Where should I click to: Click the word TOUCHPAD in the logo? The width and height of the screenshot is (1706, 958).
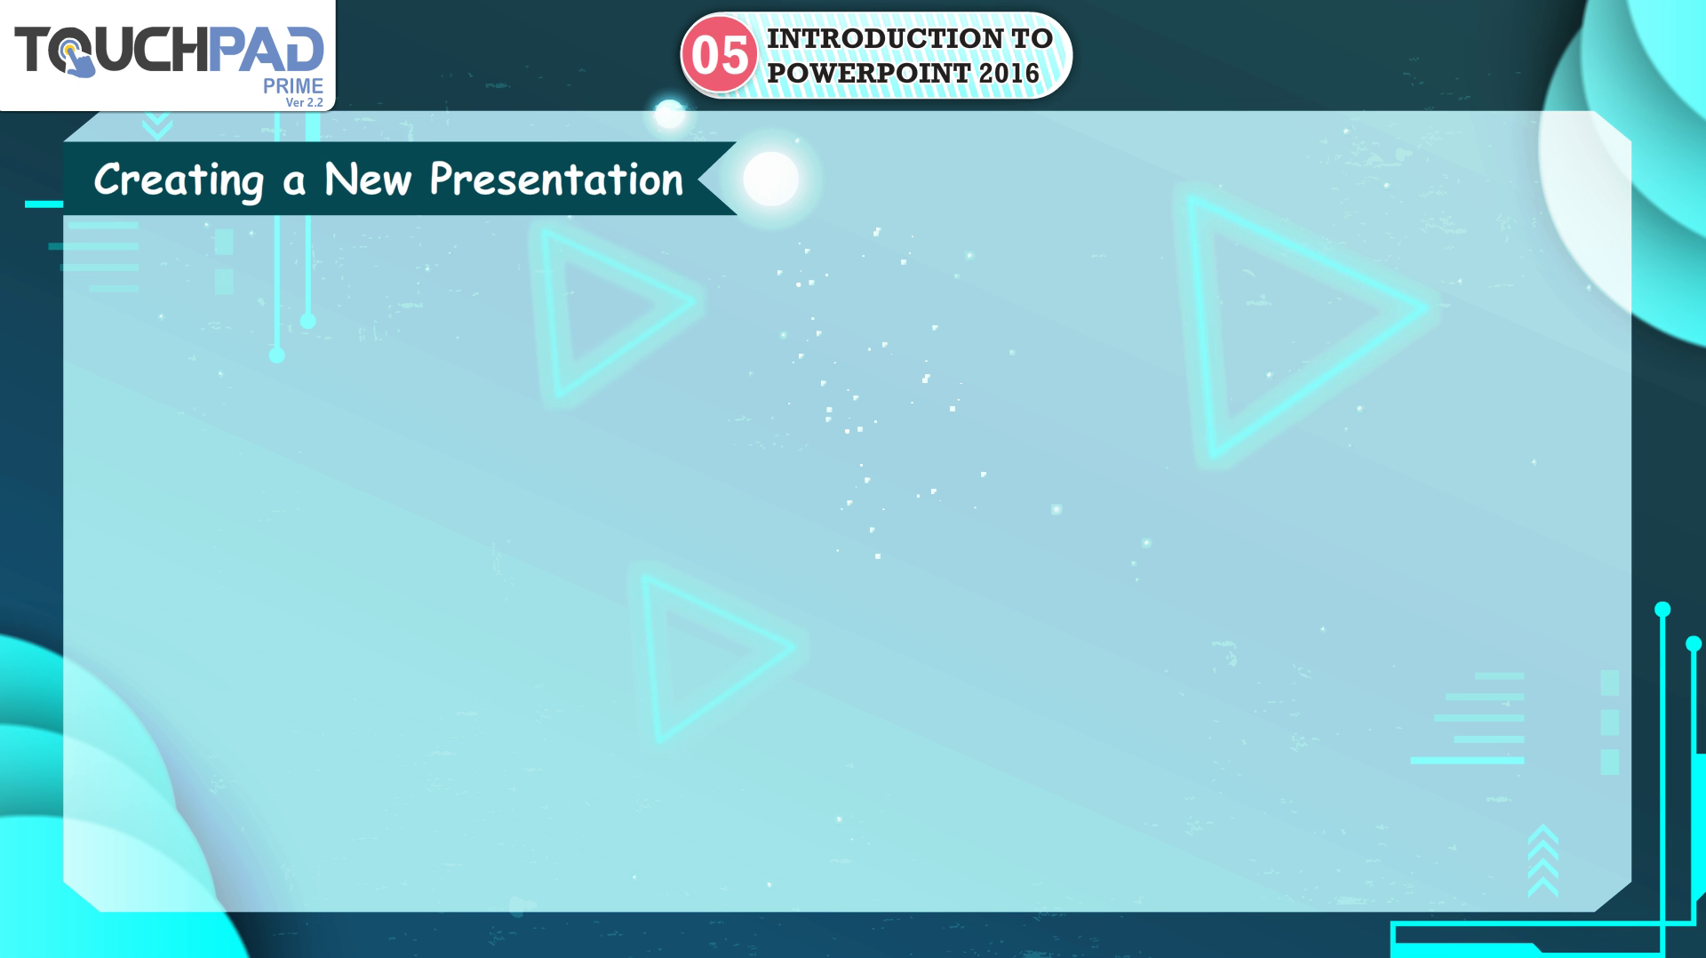click(169, 50)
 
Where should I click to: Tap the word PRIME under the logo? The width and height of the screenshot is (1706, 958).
click(293, 86)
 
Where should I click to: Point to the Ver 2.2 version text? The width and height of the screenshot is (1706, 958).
click(305, 102)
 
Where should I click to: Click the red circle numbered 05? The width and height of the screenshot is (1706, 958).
click(719, 55)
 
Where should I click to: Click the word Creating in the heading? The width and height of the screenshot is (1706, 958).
click(179, 180)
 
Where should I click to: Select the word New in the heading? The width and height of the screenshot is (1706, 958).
click(368, 179)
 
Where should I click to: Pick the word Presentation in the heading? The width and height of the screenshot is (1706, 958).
click(557, 179)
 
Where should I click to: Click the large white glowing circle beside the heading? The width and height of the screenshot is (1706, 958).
click(770, 179)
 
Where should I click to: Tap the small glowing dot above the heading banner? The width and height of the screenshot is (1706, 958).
click(669, 114)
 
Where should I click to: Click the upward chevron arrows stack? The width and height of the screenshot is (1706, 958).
click(1543, 860)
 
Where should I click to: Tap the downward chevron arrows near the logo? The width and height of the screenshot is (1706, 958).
click(157, 125)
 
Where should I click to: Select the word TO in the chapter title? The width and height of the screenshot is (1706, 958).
click(1032, 38)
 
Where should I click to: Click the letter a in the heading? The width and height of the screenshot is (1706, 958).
click(294, 182)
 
